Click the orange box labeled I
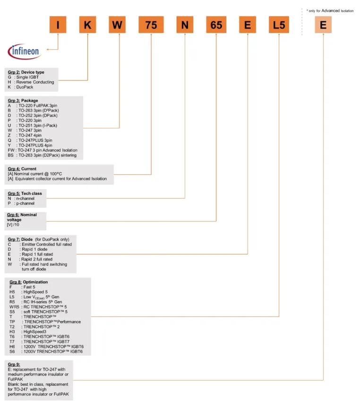[x=58, y=25]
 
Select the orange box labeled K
[x=87, y=25]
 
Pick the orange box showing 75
[x=151, y=25]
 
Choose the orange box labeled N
[x=184, y=25]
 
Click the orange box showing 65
[x=216, y=25]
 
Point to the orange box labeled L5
[x=279, y=25]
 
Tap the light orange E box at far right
[x=323, y=25]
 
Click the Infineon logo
[x=24, y=51]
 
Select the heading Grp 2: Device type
[x=26, y=72]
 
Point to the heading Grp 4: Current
[x=22, y=169]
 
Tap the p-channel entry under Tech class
[x=22, y=203]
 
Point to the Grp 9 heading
[x=15, y=365]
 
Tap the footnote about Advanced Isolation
[x=329, y=10]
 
